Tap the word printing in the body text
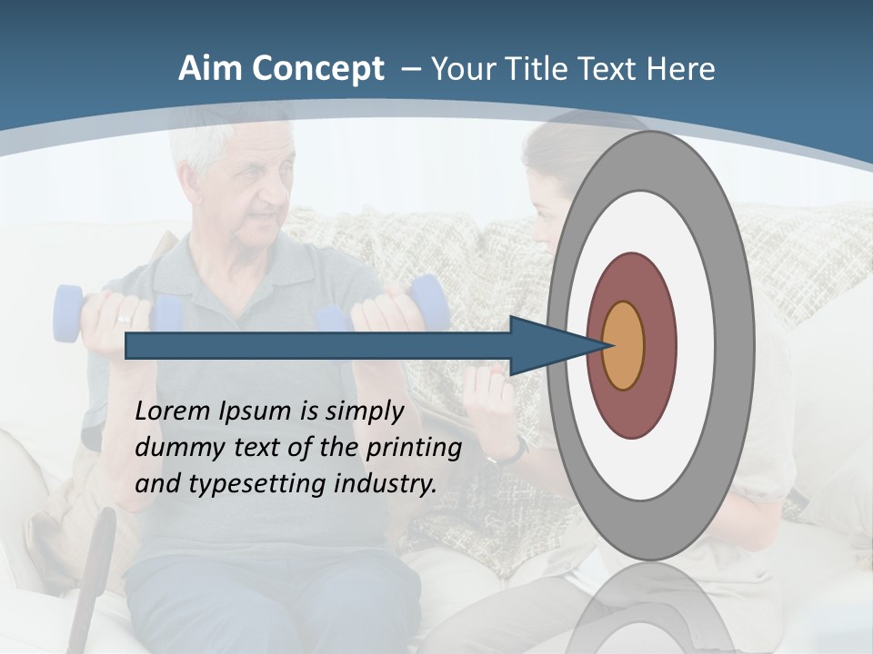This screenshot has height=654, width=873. click(x=414, y=448)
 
